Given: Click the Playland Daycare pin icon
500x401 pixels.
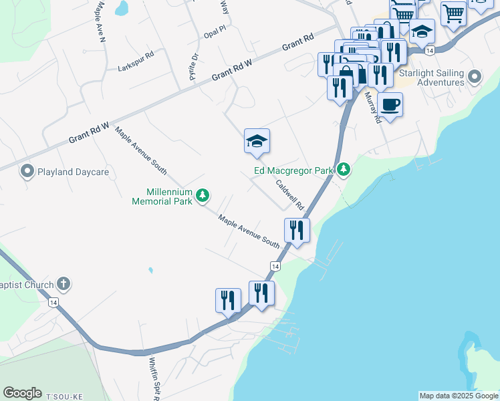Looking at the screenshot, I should click(27, 172).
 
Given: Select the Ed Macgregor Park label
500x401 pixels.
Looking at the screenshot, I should click(293, 170).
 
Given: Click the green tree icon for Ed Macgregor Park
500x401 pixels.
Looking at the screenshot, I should click(344, 169).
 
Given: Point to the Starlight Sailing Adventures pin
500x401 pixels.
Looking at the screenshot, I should click(475, 77).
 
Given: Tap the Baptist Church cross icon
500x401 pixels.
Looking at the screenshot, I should click(64, 285).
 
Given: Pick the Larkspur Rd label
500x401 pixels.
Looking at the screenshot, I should click(136, 68).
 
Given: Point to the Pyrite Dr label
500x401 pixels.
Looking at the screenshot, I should click(194, 68).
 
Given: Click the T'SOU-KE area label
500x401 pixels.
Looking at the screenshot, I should click(64, 396).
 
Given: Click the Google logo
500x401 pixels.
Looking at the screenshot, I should click(22, 393).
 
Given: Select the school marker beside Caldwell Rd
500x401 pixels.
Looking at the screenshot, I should click(257, 141).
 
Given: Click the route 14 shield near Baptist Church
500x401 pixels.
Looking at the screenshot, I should click(53, 302).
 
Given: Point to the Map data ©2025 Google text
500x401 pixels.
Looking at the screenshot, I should click(459, 396).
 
